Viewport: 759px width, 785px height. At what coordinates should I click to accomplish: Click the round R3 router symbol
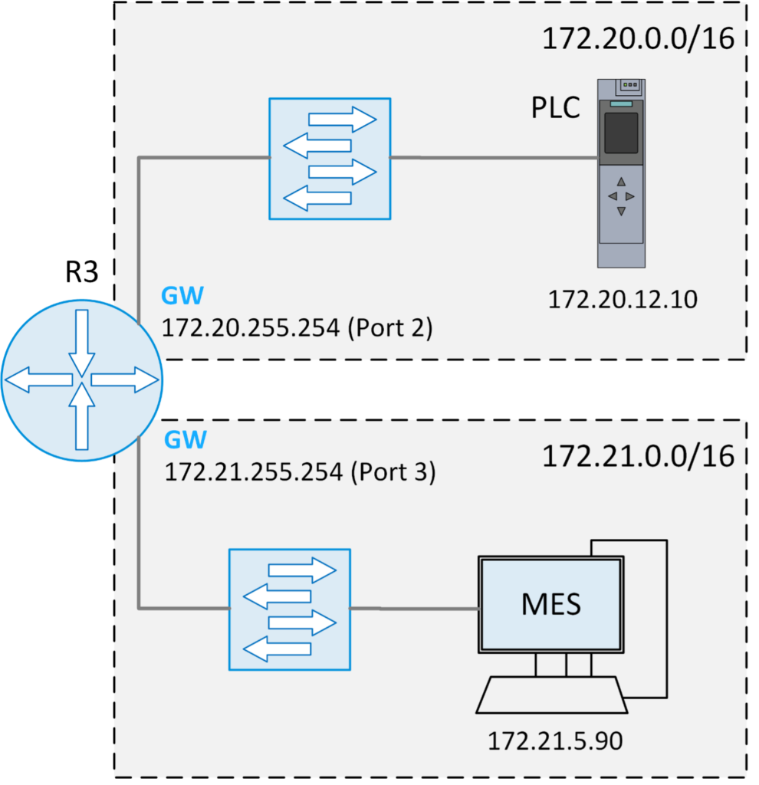[80, 379]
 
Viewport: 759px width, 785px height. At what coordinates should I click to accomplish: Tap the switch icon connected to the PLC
[330, 158]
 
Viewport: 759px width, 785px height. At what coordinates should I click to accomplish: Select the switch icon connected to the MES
[289, 609]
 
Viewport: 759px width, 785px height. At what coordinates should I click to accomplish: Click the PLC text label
[556, 108]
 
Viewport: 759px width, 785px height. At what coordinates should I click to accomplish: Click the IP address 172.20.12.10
[623, 300]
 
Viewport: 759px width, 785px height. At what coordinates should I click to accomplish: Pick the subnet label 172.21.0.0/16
[638, 457]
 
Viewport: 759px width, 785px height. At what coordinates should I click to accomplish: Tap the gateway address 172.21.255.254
[253, 471]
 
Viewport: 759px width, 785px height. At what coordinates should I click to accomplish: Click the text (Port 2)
[391, 329]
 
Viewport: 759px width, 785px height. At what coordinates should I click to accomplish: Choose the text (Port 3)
[393, 471]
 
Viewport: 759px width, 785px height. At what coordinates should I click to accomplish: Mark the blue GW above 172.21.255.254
[186, 439]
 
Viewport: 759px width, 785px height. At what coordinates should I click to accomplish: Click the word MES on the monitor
[550, 604]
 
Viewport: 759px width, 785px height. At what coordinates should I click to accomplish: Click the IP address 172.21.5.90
[555, 741]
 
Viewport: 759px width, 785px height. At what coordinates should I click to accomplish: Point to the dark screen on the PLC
[621, 133]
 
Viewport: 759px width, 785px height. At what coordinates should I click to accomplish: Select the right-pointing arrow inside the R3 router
[123, 379]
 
